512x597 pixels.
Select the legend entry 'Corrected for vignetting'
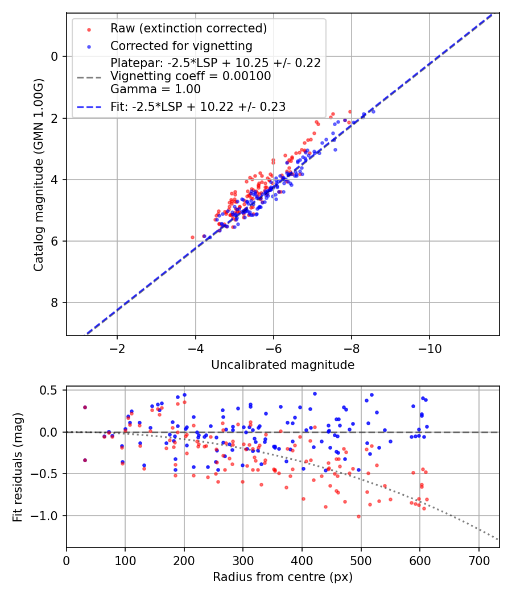181,45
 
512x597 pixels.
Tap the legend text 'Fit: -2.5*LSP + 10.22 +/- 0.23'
197,106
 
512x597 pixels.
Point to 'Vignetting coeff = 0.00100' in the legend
191,76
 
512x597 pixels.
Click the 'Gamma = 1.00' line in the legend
155,89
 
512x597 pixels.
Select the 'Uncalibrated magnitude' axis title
283,365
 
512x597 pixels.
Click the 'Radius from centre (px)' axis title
283,577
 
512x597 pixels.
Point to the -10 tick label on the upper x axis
430,348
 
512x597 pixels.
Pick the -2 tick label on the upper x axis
118,348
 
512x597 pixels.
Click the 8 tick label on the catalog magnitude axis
55,302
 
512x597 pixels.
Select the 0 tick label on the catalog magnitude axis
55,56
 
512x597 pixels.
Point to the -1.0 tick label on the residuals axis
48,516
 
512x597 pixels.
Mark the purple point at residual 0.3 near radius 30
85,407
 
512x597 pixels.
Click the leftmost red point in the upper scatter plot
192,237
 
